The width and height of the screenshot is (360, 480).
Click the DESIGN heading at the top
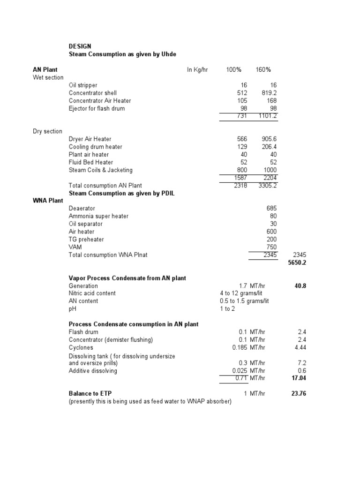point(80,46)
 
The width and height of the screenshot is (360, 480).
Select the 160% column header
point(263,70)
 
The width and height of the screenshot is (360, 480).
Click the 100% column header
point(233,70)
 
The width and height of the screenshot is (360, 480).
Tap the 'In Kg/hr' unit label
point(197,70)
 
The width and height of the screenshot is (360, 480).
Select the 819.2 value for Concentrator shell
point(268,93)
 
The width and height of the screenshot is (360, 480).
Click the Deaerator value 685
point(271,209)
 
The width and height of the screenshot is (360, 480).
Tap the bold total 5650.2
point(297,263)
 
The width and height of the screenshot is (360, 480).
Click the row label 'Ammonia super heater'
point(98,216)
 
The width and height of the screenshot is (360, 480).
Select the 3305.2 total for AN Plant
point(268,186)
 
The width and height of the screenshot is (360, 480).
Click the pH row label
point(72,309)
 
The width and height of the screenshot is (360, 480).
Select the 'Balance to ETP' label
point(90,394)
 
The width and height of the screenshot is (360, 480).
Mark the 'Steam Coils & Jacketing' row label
point(100,170)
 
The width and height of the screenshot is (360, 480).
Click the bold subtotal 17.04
point(299,378)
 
